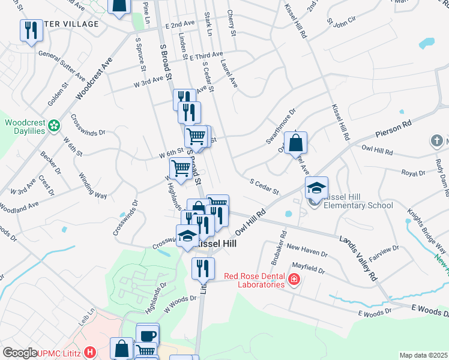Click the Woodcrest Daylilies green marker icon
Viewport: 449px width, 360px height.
pos(55,126)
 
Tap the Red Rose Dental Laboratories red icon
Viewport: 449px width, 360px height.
pos(294,279)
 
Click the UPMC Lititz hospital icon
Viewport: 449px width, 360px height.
pos(90,352)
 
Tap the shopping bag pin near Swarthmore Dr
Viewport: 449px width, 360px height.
pos(296,143)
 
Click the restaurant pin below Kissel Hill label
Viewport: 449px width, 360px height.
pos(203,268)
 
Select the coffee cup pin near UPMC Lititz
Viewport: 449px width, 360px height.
pos(148,335)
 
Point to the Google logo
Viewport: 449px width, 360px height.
pos(20,352)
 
